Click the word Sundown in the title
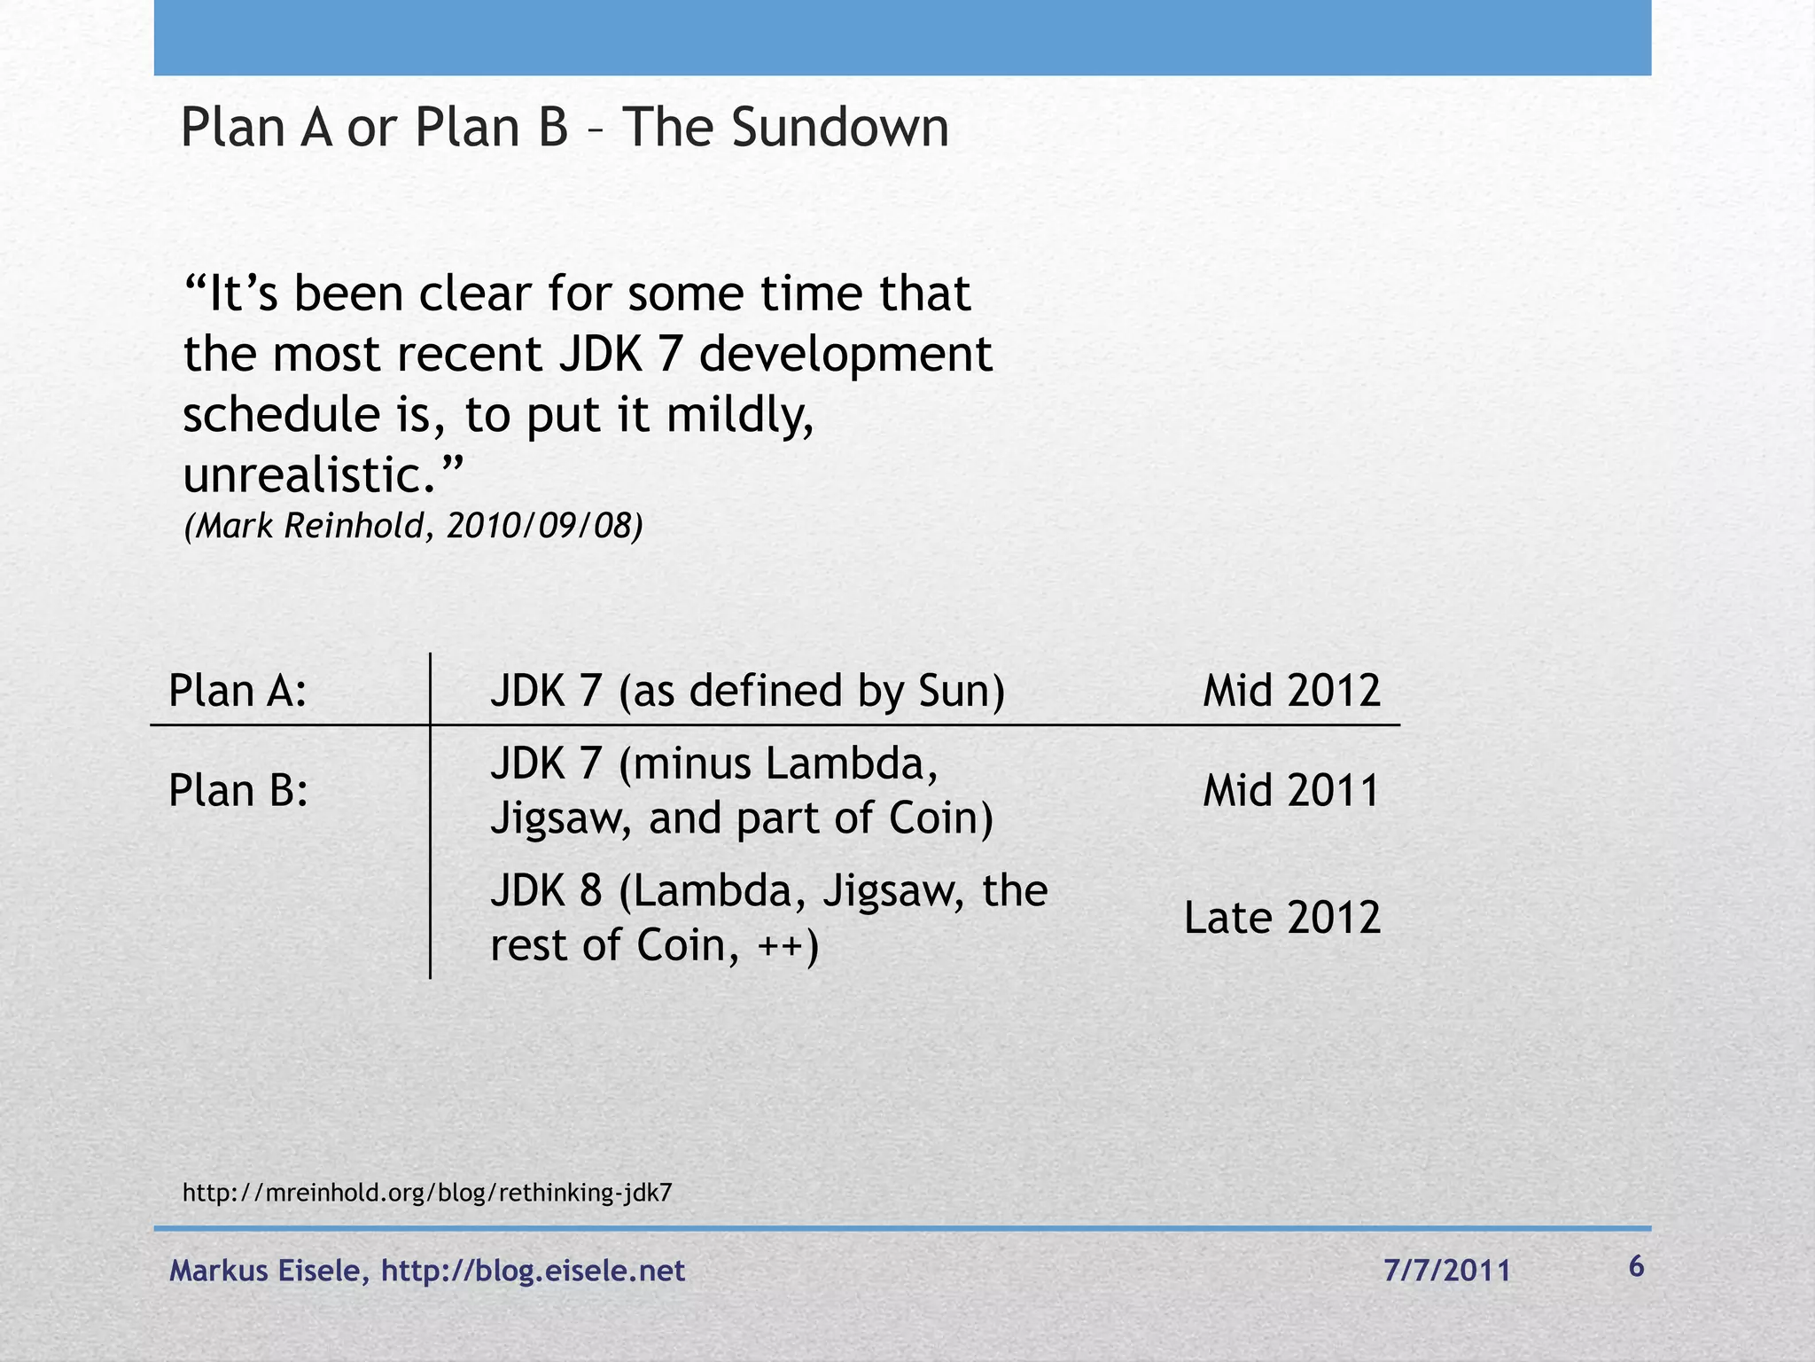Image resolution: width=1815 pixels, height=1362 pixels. tap(840, 127)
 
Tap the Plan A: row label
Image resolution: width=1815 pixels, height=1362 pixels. tap(238, 691)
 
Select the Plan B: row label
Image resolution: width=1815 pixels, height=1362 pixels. tap(238, 790)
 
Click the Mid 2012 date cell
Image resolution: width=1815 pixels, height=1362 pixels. tap(1291, 691)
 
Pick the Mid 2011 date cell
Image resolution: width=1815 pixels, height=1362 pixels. tap(1291, 790)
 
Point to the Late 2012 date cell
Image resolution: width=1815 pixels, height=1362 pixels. tap(1282, 918)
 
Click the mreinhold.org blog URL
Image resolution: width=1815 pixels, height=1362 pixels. tap(427, 1193)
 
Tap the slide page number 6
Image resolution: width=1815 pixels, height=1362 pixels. tap(1636, 1267)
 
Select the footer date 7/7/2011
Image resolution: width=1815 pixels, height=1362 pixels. tap(1447, 1271)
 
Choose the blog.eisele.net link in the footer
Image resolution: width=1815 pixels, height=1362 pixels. tap(533, 1271)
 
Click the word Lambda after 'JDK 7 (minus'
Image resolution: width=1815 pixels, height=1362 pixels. tap(851, 764)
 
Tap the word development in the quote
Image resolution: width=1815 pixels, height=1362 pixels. tap(845, 355)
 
